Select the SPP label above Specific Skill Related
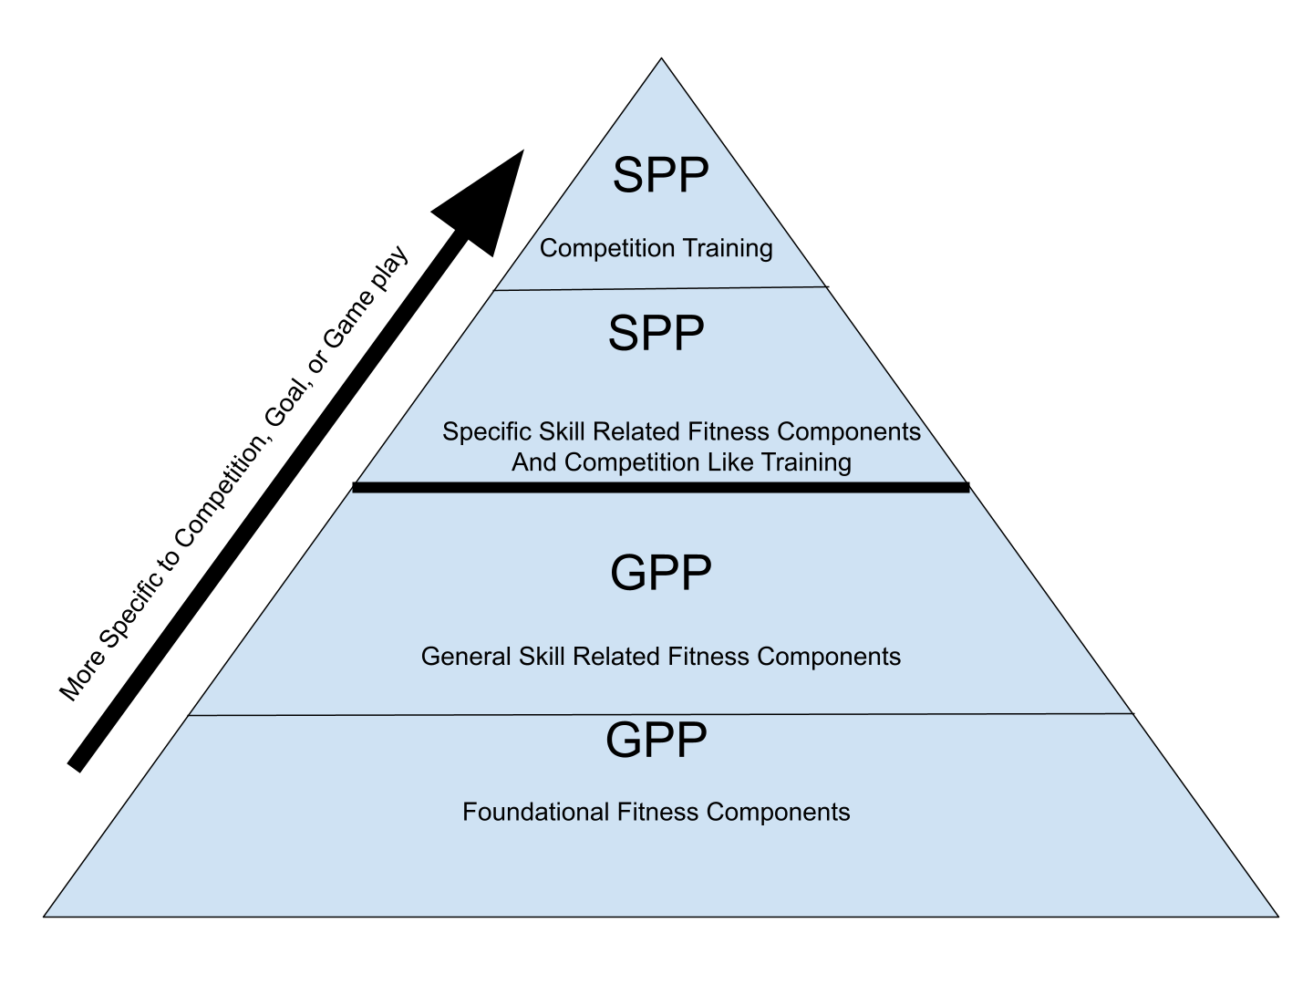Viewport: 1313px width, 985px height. tap(656, 333)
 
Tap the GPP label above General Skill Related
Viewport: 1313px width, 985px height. tap(660, 573)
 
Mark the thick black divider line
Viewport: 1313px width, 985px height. tap(660, 488)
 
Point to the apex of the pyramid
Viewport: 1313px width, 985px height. tap(662, 63)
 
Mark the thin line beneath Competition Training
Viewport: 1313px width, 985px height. tap(660, 289)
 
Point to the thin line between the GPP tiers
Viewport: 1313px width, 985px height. tap(660, 714)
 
